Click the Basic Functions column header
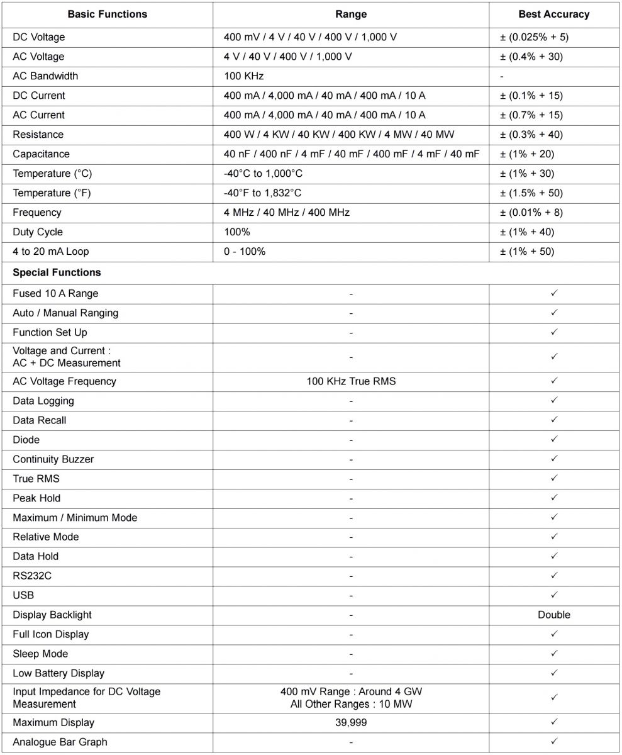pyautogui.click(x=108, y=14)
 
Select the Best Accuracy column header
pyautogui.click(x=553, y=14)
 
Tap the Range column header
pyautogui.click(x=351, y=14)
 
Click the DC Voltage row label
pyautogui.click(x=39, y=37)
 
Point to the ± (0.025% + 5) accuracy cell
pyautogui.click(x=534, y=37)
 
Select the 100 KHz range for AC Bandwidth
pyautogui.click(x=243, y=76)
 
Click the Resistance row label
pyautogui.click(x=38, y=135)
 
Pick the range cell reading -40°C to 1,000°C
pyautogui.click(x=263, y=174)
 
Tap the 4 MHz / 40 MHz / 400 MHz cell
pyautogui.click(x=287, y=213)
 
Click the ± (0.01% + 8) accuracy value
pyautogui.click(x=531, y=213)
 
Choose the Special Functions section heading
pyautogui.click(x=57, y=273)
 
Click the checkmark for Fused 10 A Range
pyautogui.click(x=554, y=293)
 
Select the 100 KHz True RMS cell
pyautogui.click(x=351, y=381)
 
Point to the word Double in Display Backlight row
pyautogui.click(x=554, y=615)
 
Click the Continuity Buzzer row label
pyautogui.click(x=53, y=459)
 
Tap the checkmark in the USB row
pyautogui.click(x=554, y=595)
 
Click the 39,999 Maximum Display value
pyautogui.click(x=351, y=723)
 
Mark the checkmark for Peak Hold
pyautogui.click(x=554, y=498)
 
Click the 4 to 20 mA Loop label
pyautogui.click(x=51, y=252)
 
